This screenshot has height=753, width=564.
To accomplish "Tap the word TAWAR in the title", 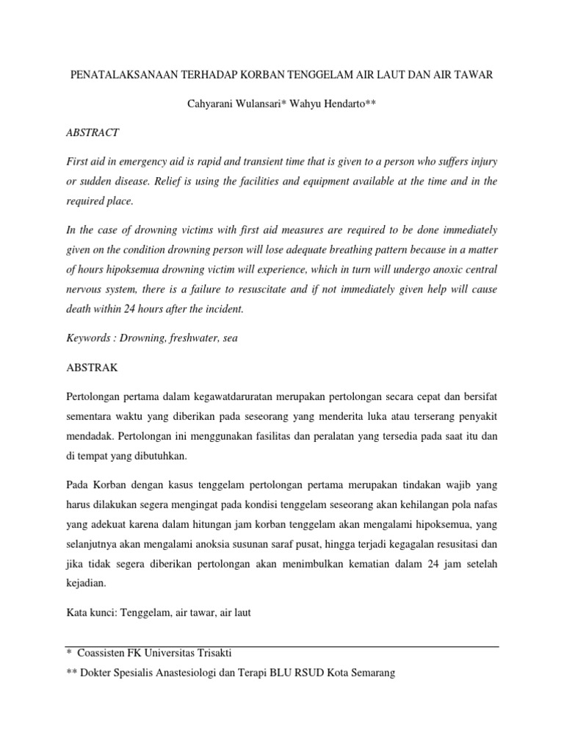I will pyautogui.click(x=474, y=75).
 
